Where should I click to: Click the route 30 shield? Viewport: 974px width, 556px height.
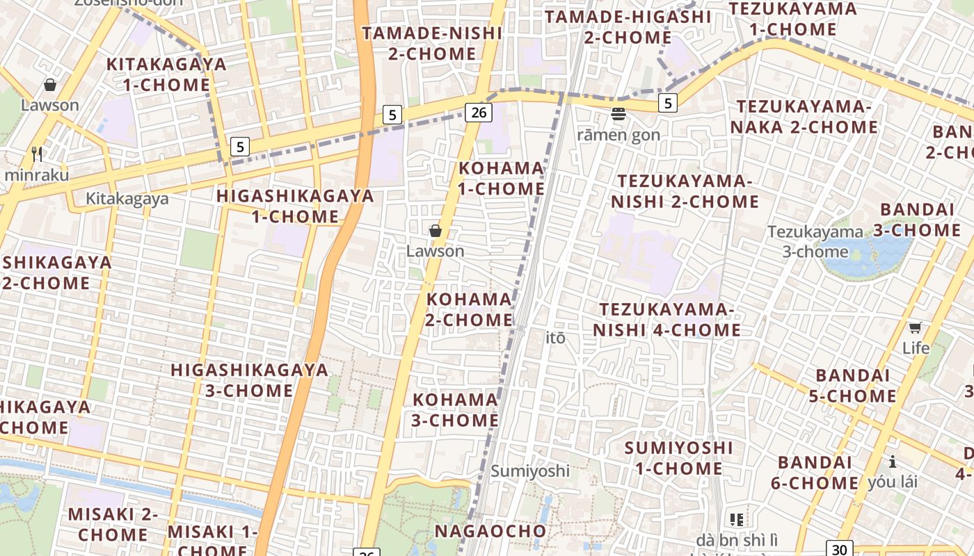[x=840, y=549]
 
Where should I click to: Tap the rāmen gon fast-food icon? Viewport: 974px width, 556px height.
[x=618, y=114]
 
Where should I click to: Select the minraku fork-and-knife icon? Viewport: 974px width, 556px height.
[x=37, y=154]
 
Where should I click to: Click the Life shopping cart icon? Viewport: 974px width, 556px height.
[x=916, y=327]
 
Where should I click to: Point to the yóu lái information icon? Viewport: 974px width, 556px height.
[x=892, y=461]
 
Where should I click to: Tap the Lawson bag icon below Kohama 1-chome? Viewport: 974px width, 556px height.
[x=436, y=230]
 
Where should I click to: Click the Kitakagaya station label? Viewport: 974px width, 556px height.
[x=127, y=199]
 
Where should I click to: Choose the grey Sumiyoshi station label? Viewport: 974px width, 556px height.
[x=530, y=471]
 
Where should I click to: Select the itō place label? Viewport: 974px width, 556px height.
[x=556, y=338]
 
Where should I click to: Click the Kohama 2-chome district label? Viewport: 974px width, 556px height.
[x=470, y=309]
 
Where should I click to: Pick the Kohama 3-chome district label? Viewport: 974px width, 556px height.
[x=456, y=410]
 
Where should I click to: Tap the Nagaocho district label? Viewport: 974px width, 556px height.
[x=490, y=531]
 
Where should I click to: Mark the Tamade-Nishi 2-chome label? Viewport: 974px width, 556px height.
[x=432, y=43]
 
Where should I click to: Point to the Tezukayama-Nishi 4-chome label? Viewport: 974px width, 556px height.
[x=667, y=319]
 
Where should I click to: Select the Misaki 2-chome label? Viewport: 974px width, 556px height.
[x=113, y=525]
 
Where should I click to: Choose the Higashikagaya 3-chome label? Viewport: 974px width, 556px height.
[x=250, y=379]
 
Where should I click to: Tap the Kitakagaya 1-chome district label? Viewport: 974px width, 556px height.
[x=166, y=74]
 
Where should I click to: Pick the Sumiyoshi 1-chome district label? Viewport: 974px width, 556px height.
[x=679, y=458]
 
